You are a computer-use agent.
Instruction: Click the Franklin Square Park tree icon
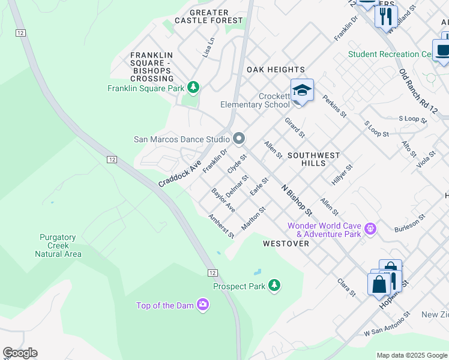(193, 88)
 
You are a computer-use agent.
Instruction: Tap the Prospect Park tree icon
(274, 286)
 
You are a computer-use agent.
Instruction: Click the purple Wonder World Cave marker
(371, 228)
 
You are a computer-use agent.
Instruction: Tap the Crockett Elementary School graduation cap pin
(302, 91)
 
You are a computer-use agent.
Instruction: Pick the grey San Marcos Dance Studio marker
(239, 139)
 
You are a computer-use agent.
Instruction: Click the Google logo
(20, 353)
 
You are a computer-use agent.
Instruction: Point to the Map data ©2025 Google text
(411, 355)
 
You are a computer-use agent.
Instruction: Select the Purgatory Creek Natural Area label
(58, 246)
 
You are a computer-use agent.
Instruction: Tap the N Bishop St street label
(297, 199)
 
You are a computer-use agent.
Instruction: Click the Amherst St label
(221, 226)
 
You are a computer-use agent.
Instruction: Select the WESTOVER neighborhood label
(286, 244)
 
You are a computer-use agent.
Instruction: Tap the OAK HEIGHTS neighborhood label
(276, 70)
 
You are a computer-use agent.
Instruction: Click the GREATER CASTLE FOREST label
(209, 16)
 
